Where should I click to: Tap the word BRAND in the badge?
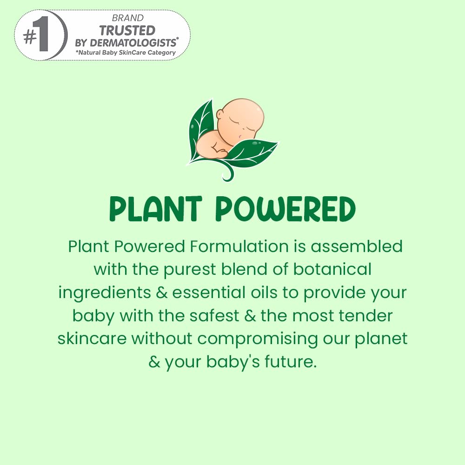click(127, 18)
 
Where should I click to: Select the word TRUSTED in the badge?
click(127, 31)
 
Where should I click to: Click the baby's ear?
click(220, 114)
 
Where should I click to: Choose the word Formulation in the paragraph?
click(239, 246)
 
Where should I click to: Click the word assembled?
click(357, 246)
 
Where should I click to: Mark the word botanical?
click(332, 269)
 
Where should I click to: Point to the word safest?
click(214, 316)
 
